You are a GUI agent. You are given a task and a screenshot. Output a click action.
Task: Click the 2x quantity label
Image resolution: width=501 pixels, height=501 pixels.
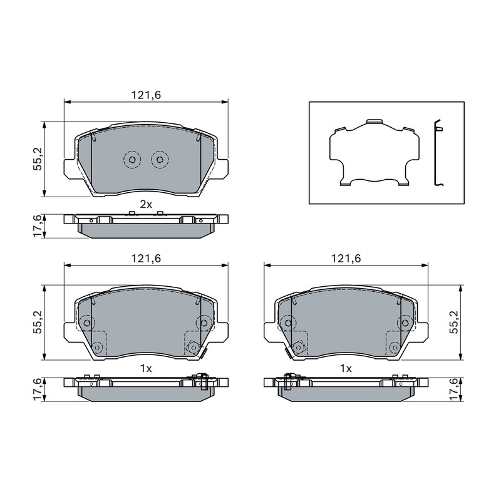point(146,205)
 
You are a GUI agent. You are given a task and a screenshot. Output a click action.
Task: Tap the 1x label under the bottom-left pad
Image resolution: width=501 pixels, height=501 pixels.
point(146,368)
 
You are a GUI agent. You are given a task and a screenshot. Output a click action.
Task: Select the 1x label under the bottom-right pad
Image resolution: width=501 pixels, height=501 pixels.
point(346,368)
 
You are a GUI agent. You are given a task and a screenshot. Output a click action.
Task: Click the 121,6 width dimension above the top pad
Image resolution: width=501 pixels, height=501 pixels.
point(146,95)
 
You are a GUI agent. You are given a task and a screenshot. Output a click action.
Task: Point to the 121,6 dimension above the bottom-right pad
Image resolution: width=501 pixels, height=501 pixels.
point(346,259)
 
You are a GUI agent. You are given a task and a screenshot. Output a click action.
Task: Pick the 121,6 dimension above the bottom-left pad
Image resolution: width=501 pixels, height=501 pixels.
point(146,259)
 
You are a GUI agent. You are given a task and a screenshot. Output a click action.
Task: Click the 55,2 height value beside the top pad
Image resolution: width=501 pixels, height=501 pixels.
point(38,159)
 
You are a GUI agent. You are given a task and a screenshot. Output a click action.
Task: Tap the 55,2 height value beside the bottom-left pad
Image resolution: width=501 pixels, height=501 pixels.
point(38,323)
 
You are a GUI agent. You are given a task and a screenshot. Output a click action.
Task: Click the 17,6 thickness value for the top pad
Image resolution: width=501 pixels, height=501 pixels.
point(38,226)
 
